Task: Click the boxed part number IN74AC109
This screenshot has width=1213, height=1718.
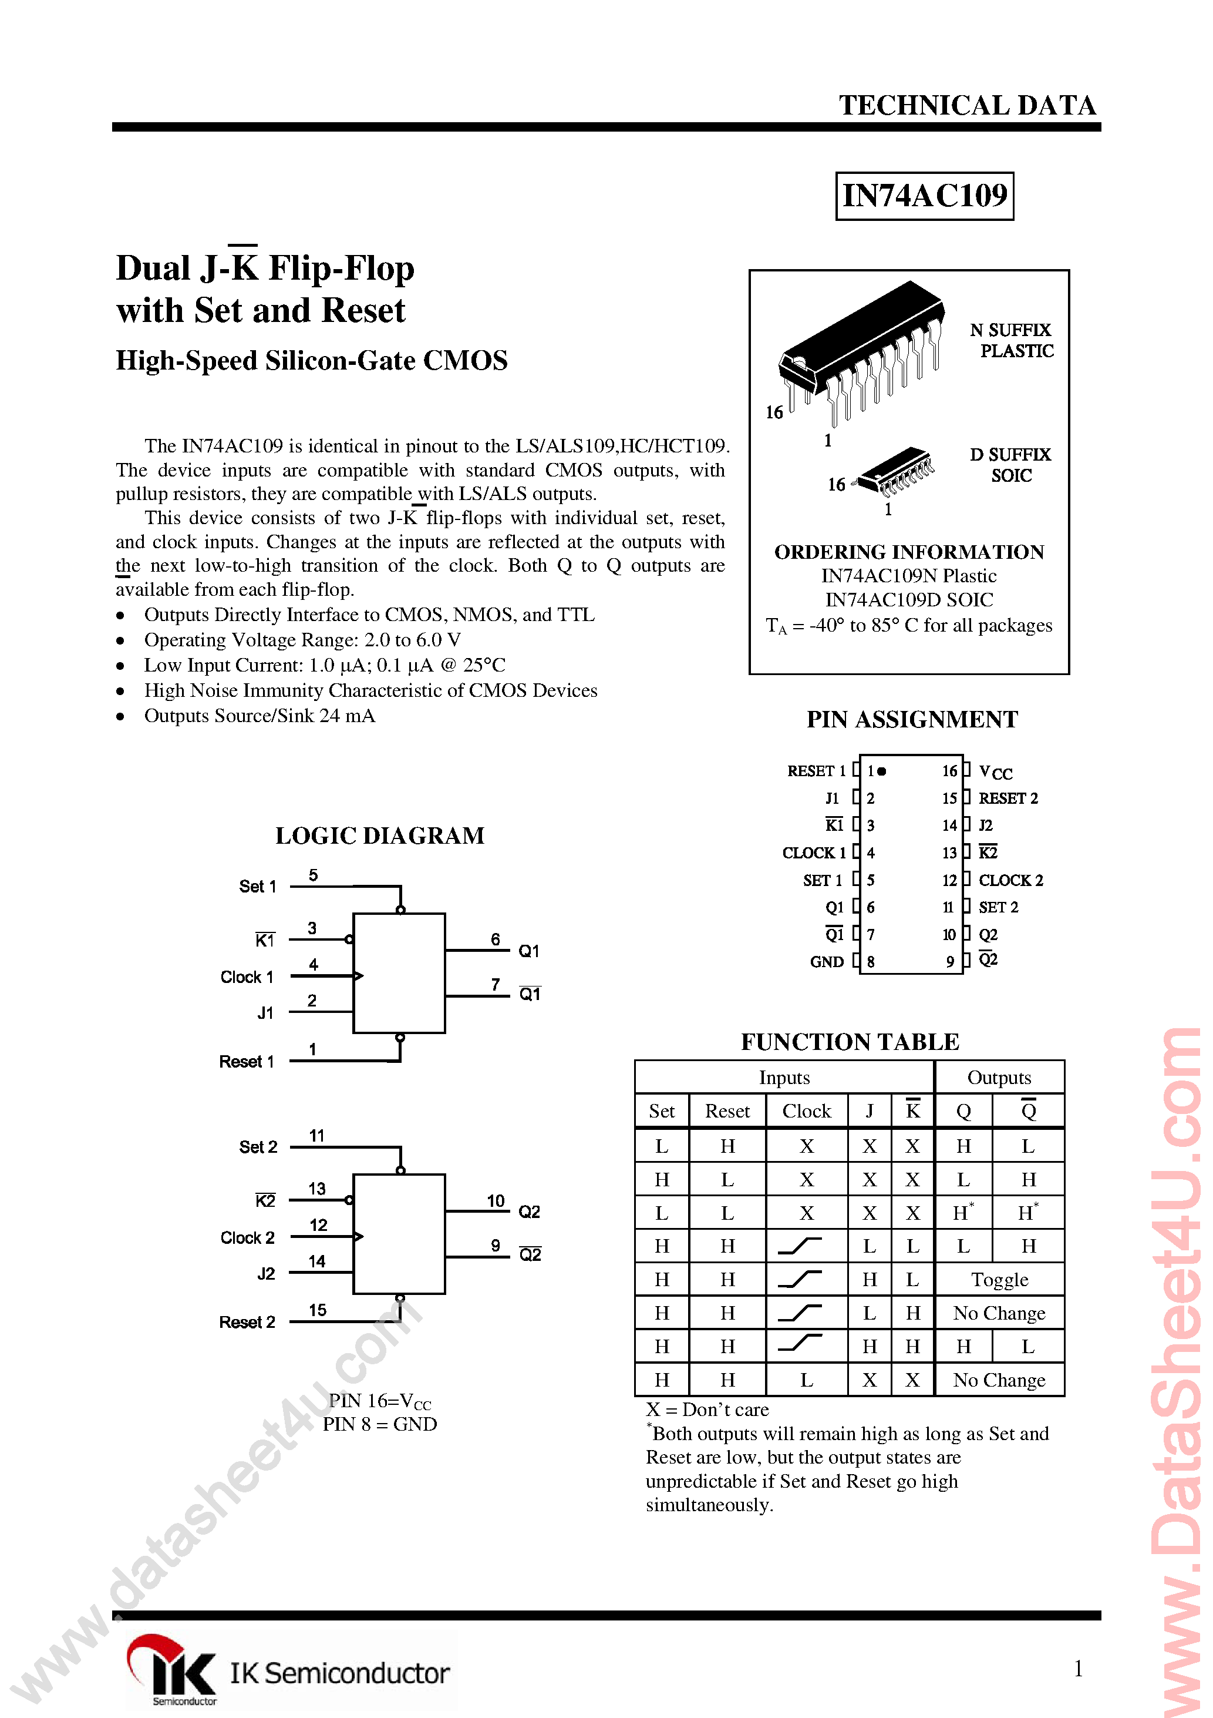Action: [924, 196]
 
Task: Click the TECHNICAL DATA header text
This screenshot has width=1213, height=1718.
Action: [967, 106]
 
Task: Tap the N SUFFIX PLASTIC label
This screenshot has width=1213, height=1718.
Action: [1011, 340]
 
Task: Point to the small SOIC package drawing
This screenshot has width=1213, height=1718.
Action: [897, 471]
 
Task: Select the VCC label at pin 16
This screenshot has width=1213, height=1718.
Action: [995, 772]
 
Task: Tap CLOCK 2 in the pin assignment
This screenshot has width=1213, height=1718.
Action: [1010, 881]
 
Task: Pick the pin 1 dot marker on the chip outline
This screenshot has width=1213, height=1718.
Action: [882, 771]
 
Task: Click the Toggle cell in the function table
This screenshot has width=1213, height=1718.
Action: [999, 1280]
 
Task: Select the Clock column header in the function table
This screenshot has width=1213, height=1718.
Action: [806, 1111]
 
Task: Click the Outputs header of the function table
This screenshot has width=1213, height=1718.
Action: [999, 1078]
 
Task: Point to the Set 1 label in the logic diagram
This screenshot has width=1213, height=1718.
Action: [257, 887]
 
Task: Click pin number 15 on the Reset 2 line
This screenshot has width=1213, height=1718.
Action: [318, 1310]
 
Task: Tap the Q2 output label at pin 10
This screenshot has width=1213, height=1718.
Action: [530, 1212]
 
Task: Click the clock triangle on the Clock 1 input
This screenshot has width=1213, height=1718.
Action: [358, 976]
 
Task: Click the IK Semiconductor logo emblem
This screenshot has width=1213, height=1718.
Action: [172, 1667]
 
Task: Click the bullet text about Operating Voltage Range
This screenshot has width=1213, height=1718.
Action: [302, 640]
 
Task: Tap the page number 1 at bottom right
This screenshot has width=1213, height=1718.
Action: [1077, 1668]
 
